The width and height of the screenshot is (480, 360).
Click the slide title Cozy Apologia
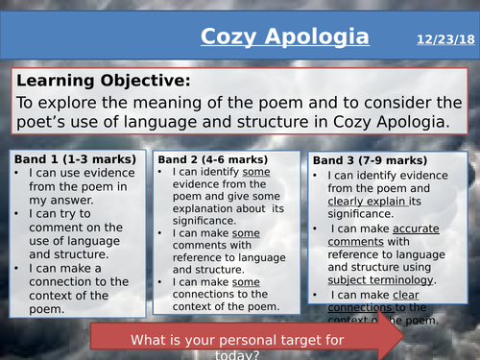pos(284,37)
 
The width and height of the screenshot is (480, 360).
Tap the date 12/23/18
pos(445,39)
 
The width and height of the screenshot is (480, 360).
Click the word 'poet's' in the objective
pos(50,123)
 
